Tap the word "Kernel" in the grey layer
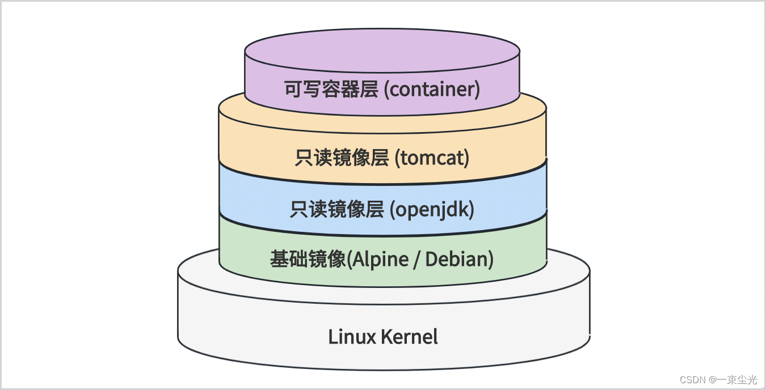click(x=410, y=337)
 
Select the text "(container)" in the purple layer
click(x=432, y=90)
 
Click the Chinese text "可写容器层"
click(x=331, y=90)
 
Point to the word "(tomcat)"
click(x=432, y=158)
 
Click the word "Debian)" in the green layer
click(x=460, y=259)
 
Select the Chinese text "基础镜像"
click(x=308, y=259)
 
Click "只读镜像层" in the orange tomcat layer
click(x=342, y=158)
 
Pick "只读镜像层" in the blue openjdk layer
click(x=337, y=209)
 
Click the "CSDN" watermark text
click(x=692, y=379)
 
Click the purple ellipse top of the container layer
click(x=382, y=49)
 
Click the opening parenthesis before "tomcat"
click(x=397, y=158)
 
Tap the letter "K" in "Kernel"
click(x=386, y=337)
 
